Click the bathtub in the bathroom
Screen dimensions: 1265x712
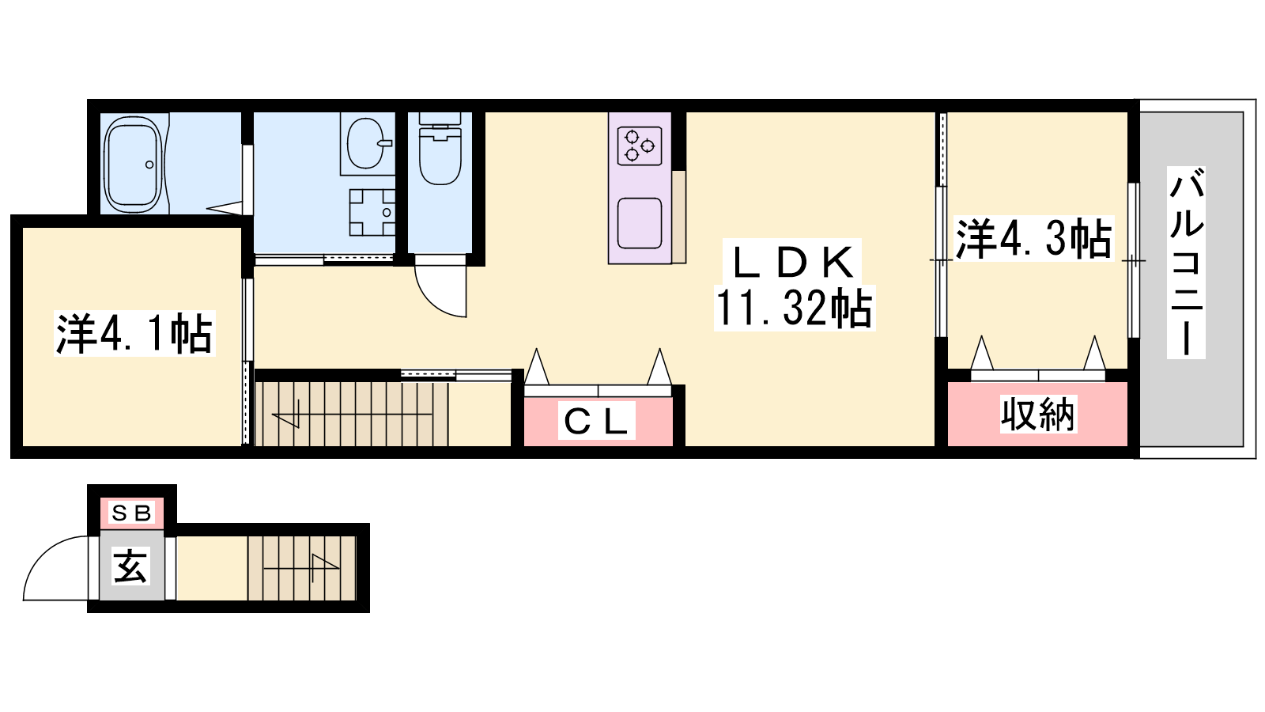(x=134, y=165)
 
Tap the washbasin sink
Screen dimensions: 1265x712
(x=367, y=143)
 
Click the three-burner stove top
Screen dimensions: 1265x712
(x=640, y=146)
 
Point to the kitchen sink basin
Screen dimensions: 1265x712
(x=640, y=223)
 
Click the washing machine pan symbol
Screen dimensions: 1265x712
(x=372, y=213)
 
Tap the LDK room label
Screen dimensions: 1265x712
(x=793, y=263)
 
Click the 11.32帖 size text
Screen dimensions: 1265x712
(x=794, y=309)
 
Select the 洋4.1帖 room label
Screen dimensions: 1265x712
(x=134, y=334)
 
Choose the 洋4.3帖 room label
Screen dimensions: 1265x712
(x=1033, y=238)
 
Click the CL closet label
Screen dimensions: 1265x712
(x=596, y=422)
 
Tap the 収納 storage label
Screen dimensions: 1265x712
(x=1038, y=415)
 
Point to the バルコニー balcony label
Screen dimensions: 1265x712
(x=1186, y=262)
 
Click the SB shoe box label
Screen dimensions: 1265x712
(x=132, y=513)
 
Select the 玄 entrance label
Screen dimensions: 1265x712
(x=131, y=566)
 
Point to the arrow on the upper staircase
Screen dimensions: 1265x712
(x=351, y=416)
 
